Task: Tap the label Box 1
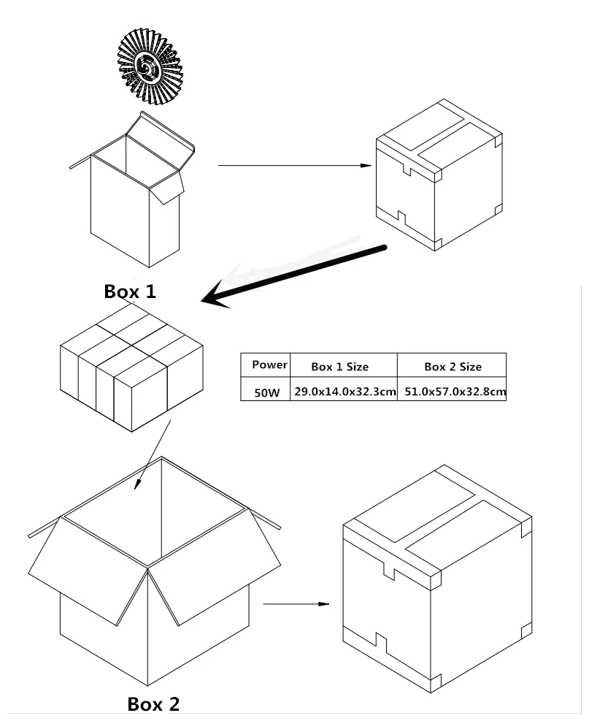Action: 130,291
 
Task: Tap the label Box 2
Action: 153,703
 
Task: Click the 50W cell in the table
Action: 266,392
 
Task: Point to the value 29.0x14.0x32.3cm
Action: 344,392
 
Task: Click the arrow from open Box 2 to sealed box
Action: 296,604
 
